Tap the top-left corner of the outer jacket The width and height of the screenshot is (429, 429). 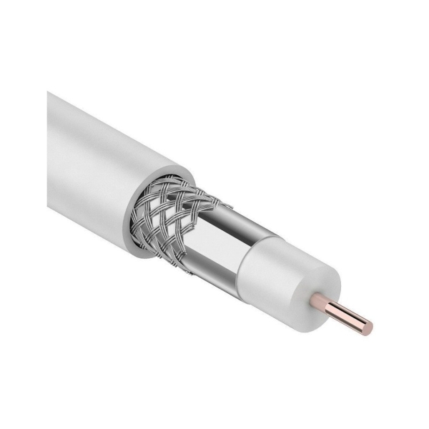49,92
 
